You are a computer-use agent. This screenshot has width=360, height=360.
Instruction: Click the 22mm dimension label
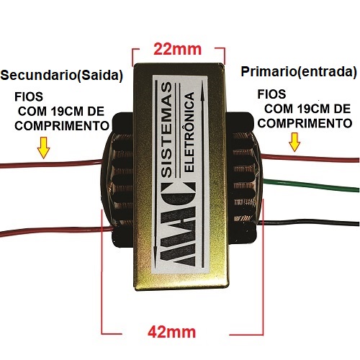tap(177, 49)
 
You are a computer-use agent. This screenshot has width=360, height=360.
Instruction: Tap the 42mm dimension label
tap(172, 332)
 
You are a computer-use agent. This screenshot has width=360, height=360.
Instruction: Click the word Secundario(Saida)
tap(61, 76)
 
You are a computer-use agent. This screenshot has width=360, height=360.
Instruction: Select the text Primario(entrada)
tap(299, 72)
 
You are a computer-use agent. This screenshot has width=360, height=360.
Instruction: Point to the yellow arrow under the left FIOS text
tap(43, 148)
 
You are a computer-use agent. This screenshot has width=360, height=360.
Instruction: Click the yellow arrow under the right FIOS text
tap(294, 142)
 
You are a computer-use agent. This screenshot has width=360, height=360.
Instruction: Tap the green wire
tap(311, 184)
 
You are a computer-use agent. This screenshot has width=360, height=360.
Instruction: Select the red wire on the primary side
tap(310, 158)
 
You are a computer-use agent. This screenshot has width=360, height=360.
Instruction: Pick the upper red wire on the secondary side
tap(51, 164)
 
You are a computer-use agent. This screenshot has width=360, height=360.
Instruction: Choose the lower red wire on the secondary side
tap(56, 231)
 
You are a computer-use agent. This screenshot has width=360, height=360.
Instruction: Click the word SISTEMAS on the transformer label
tap(167, 130)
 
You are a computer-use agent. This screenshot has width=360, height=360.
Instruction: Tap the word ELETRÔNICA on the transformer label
tap(189, 132)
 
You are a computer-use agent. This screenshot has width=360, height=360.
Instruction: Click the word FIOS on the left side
tap(29, 96)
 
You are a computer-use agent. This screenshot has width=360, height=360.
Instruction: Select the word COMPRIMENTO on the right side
tap(305, 123)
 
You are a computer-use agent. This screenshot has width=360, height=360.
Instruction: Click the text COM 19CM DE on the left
tap(61, 112)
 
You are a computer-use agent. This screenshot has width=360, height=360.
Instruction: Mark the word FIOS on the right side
tap(271, 94)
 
